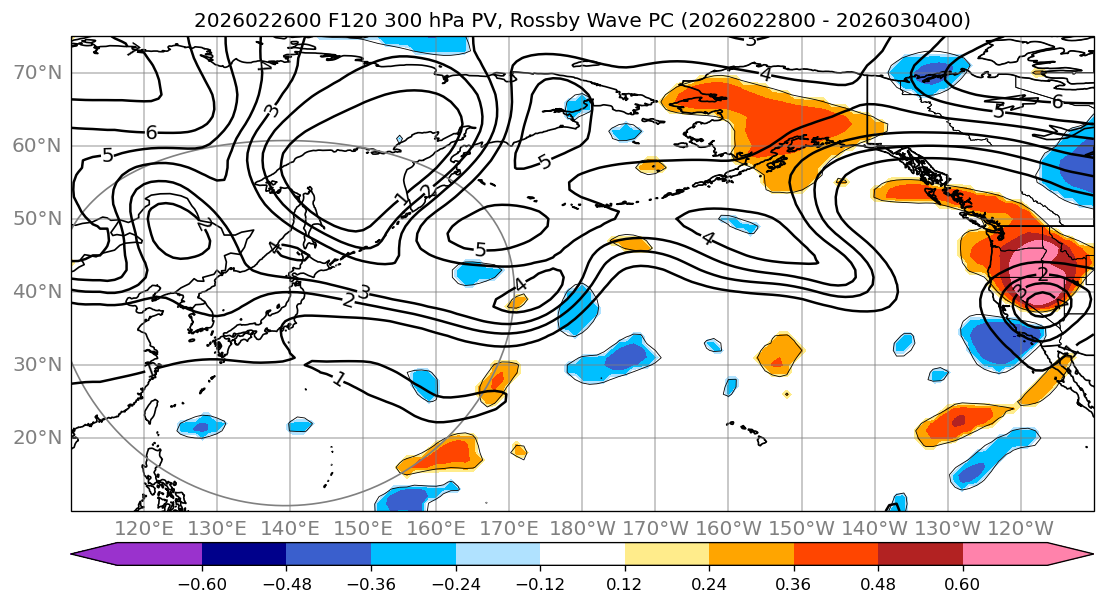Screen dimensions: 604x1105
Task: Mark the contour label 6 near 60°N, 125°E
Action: click(x=152, y=132)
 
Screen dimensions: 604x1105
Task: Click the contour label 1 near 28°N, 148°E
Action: click(x=340, y=379)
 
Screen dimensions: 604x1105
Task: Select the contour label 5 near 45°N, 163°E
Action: click(x=480, y=249)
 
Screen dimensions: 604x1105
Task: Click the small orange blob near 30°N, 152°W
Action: click(x=780, y=352)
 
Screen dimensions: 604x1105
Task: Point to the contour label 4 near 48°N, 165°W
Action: click(x=709, y=238)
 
